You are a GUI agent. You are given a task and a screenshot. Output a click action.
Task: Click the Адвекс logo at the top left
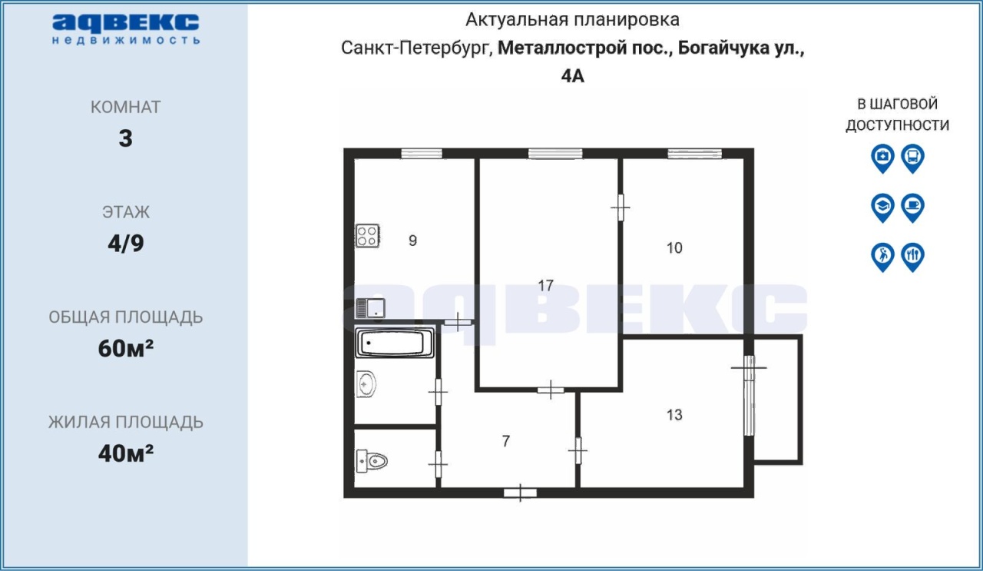click(x=125, y=29)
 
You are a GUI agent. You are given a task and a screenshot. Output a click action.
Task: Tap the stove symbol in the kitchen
click(x=367, y=236)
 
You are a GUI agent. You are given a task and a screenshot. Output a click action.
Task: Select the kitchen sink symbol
click(x=370, y=308)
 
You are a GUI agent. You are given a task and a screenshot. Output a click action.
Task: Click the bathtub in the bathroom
click(x=395, y=343)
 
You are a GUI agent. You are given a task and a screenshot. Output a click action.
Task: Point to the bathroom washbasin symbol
click(x=366, y=384)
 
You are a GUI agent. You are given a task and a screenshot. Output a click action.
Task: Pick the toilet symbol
click(x=372, y=461)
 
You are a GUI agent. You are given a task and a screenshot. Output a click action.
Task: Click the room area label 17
click(x=545, y=286)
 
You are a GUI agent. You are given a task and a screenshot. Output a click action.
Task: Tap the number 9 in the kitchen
click(x=412, y=241)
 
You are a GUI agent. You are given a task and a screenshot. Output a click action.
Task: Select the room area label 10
click(x=674, y=248)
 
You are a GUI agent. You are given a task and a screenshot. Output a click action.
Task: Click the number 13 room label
click(x=674, y=415)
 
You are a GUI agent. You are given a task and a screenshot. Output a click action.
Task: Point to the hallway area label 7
click(x=506, y=441)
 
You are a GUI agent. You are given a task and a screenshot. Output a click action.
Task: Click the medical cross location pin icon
click(x=882, y=158)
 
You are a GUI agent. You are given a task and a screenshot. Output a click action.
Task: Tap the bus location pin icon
click(x=913, y=158)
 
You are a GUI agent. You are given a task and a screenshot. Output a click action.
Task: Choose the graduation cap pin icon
click(x=882, y=207)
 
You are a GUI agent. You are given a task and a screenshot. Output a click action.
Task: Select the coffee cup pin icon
click(x=913, y=207)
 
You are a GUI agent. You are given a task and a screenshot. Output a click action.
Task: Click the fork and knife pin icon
click(x=913, y=257)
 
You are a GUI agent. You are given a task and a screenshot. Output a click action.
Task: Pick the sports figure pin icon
click(x=882, y=257)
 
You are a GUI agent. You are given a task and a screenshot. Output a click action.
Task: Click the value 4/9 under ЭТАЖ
click(x=126, y=244)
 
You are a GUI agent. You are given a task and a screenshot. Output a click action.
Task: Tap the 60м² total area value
click(x=126, y=348)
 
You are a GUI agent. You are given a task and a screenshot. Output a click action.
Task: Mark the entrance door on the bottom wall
click(x=520, y=493)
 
